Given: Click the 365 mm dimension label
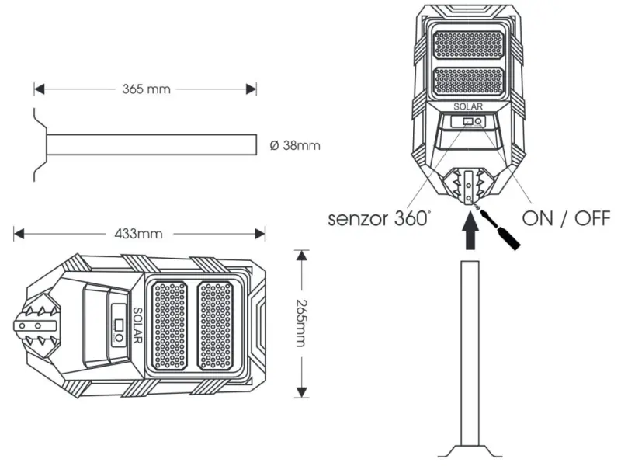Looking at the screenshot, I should tap(146, 89).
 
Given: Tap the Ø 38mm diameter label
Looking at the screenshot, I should tap(293, 145).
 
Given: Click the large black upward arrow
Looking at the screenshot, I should tap(470, 234).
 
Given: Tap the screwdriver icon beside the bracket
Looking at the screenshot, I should tap(501, 228).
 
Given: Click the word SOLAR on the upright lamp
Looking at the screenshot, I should tap(468, 106).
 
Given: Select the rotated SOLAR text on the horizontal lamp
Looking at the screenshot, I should tap(137, 325).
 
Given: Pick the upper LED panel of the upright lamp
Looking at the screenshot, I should tap(468, 46).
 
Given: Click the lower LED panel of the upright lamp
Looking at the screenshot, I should tap(468, 82).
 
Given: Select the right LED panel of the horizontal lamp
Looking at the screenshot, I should tap(217, 325).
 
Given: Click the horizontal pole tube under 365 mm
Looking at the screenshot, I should tap(151, 145).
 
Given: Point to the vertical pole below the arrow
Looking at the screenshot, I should tap(470, 349).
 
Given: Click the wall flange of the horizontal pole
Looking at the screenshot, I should tap(39, 145).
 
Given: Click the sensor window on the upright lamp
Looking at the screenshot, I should tap(467, 122).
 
